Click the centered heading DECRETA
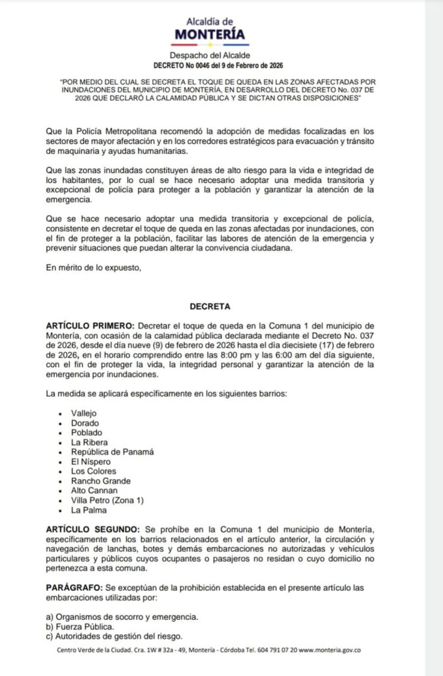tap(209, 307)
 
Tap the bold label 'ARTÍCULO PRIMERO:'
tap(89, 326)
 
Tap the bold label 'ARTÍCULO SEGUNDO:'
tap(92, 531)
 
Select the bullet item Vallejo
tap(84, 413)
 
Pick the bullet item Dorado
tap(84, 422)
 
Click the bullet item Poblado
tap(86, 432)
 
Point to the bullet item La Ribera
tap(90, 442)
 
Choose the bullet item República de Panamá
tap(112, 452)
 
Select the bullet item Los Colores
tap(94, 471)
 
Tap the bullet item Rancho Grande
tap(100, 481)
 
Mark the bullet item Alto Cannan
tap(94, 491)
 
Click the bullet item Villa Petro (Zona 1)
tap(106, 501)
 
